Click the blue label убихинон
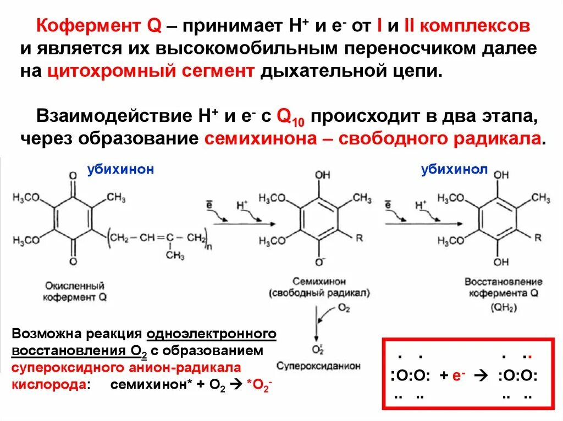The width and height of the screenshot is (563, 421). click(120, 170)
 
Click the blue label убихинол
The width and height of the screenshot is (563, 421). click(454, 170)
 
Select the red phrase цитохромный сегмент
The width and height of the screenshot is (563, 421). click(151, 71)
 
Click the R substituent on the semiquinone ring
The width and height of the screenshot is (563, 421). click(360, 238)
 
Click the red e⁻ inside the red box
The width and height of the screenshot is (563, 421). click(459, 376)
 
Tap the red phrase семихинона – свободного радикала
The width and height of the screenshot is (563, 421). click(372, 137)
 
